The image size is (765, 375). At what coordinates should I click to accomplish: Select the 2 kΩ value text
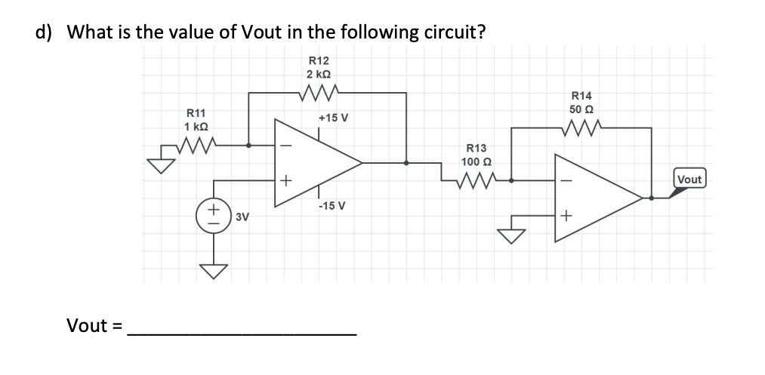click(x=318, y=74)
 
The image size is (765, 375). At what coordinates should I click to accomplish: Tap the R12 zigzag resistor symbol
click(x=318, y=93)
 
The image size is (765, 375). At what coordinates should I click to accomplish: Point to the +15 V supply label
click(x=333, y=118)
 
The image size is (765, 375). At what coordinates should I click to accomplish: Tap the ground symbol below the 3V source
click(x=214, y=270)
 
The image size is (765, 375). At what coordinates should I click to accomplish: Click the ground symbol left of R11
click(x=159, y=164)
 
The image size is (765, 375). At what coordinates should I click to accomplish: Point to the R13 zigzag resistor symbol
click(x=477, y=180)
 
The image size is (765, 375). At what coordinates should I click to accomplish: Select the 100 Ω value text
click(x=477, y=161)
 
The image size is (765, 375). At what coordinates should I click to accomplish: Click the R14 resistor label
click(x=582, y=96)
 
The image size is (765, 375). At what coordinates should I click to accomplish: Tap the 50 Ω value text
click(x=582, y=109)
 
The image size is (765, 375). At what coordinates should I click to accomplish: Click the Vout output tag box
click(x=689, y=180)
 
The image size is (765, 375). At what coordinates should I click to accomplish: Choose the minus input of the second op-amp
click(x=566, y=181)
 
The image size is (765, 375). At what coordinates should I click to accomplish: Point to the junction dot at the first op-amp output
click(x=407, y=162)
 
